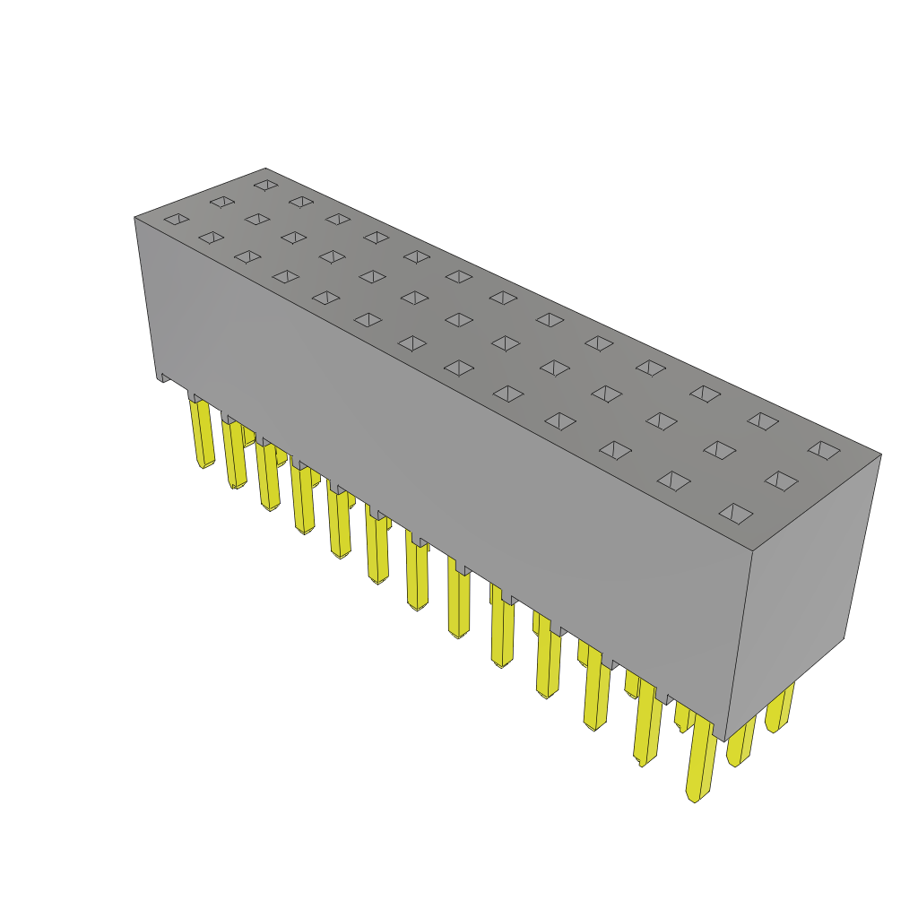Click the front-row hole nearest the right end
[736, 513]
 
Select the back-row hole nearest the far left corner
[266, 185]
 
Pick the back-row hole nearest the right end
[824, 450]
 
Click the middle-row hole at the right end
[781, 481]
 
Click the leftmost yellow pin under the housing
[202, 434]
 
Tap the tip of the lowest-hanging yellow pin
[696, 795]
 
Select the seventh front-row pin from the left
[417, 574]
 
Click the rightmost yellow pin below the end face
[779, 708]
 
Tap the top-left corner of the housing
[135, 218]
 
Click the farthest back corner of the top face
[266, 169]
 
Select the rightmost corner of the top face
[881, 455]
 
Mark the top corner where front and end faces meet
[752, 550]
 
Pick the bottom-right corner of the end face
[844, 638]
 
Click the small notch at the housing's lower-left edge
[164, 377]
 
